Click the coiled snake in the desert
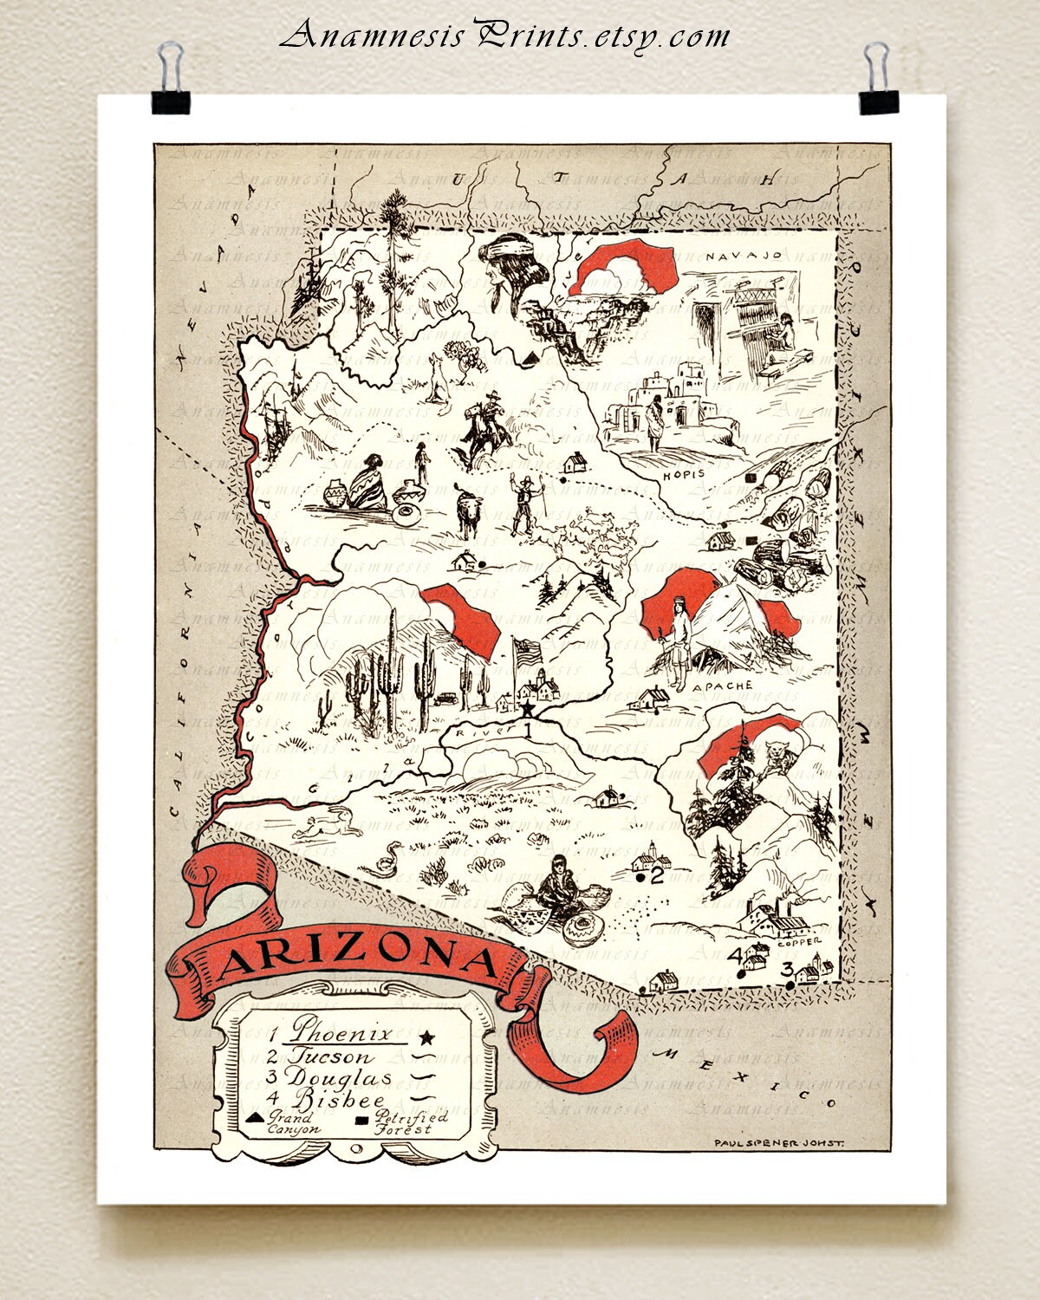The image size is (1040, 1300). pyautogui.click(x=383, y=858)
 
